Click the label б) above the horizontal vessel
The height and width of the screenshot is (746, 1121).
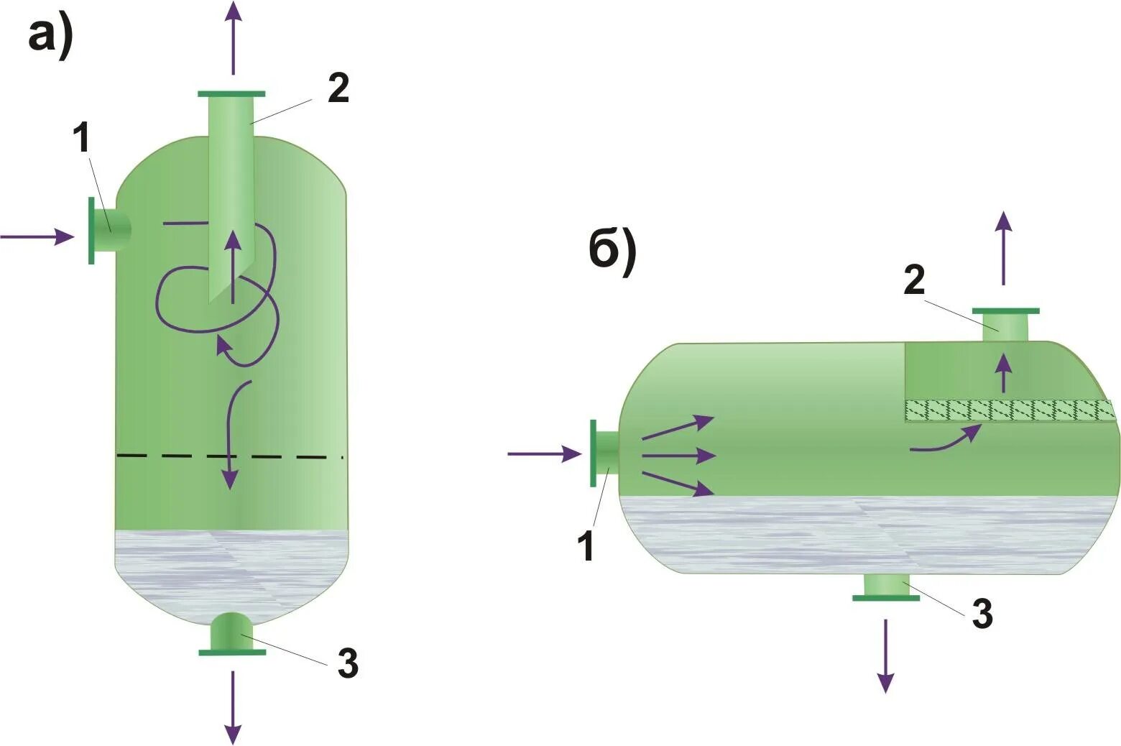tap(612, 253)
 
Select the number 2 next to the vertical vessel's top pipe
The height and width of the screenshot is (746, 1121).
tap(338, 88)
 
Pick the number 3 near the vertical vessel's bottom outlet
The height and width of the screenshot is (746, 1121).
tap(348, 663)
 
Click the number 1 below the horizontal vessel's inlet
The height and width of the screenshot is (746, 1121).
tap(587, 544)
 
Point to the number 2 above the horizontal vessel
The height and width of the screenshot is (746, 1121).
tap(914, 280)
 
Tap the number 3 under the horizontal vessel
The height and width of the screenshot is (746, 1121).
tap(982, 614)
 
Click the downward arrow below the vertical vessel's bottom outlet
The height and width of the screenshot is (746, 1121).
tap(232, 708)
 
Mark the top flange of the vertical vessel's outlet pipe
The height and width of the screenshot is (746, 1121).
tap(231, 94)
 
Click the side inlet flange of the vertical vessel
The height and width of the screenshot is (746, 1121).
tap(92, 231)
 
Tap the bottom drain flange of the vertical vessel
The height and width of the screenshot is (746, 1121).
tap(232, 652)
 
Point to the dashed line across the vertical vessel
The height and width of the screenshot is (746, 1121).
tap(230, 456)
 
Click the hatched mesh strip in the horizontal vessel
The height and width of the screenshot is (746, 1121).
tap(1009, 410)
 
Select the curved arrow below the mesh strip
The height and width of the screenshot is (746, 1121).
tap(945, 440)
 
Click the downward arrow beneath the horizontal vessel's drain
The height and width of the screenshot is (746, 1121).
tap(886, 655)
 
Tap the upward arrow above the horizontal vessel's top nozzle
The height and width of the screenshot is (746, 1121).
tap(1004, 248)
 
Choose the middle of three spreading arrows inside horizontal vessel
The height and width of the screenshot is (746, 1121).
tap(679, 455)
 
